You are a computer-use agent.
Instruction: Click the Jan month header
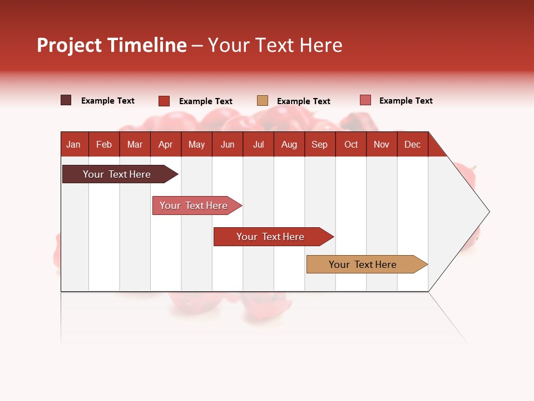73,144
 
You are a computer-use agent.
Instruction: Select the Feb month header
104,144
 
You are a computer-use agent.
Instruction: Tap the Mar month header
135,144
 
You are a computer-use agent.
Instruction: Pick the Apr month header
166,144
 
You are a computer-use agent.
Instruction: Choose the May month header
196,144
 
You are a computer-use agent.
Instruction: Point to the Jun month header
228,144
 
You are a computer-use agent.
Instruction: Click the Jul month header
258,144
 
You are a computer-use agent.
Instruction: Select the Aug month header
289,144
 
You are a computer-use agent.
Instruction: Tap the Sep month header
320,144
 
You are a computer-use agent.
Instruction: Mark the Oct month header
351,144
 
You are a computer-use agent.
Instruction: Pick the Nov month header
382,144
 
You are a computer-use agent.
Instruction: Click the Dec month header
413,144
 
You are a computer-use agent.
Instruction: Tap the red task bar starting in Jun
271,237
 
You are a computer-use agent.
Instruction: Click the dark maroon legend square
66,100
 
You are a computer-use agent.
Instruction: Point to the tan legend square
263,101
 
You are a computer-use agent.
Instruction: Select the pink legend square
365,100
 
